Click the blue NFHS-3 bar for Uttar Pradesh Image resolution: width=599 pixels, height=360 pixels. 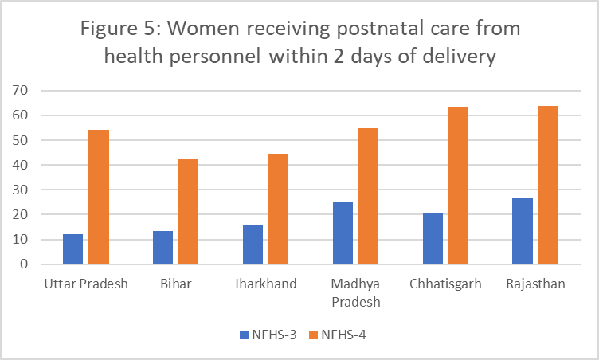(72, 248)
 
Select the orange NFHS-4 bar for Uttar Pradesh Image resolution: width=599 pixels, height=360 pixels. (98, 197)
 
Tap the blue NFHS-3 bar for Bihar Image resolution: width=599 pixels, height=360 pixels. (162, 247)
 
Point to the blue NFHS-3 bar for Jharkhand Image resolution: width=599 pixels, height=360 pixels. (253, 245)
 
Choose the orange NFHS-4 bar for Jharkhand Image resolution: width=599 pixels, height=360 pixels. (278, 209)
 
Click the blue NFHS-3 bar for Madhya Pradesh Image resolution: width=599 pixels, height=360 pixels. (343, 233)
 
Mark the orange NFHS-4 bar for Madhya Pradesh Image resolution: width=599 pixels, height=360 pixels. (368, 196)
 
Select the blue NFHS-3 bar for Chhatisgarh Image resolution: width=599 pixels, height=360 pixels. (433, 238)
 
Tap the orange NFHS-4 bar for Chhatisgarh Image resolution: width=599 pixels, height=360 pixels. (458, 185)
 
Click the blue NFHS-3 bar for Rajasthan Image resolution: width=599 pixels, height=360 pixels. (523, 230)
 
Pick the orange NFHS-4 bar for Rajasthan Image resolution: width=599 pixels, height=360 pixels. (548, 185)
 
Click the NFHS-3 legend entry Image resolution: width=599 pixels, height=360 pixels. (267, 335)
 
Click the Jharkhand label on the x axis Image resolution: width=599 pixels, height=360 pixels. (265, 284)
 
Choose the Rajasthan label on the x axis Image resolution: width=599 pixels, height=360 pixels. (535, 284)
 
